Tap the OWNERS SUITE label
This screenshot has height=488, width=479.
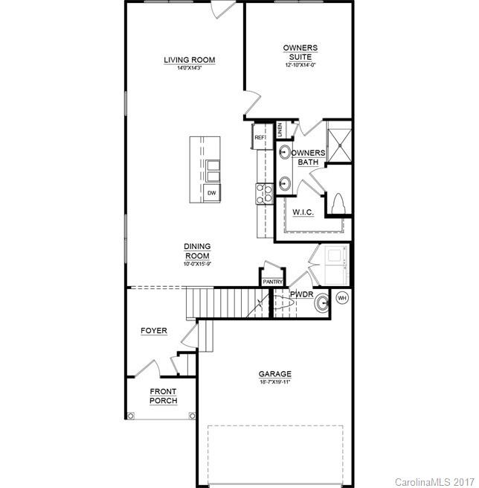[300, 52]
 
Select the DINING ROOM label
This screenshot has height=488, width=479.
[197, 251]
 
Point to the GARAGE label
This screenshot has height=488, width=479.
[274, 374]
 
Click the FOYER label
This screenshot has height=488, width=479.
[154, 331]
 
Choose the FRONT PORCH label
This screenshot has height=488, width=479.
[163, 396]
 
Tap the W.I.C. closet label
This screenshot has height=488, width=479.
[302, 212]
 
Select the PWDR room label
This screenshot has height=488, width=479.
[300, 294]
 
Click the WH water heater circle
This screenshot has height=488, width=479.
[342, 298]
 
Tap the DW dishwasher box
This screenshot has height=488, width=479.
[211, 194]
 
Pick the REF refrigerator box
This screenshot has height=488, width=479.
[260, 138]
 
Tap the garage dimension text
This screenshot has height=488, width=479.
[274, 382]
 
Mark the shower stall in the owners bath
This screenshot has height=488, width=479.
[339, 145]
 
